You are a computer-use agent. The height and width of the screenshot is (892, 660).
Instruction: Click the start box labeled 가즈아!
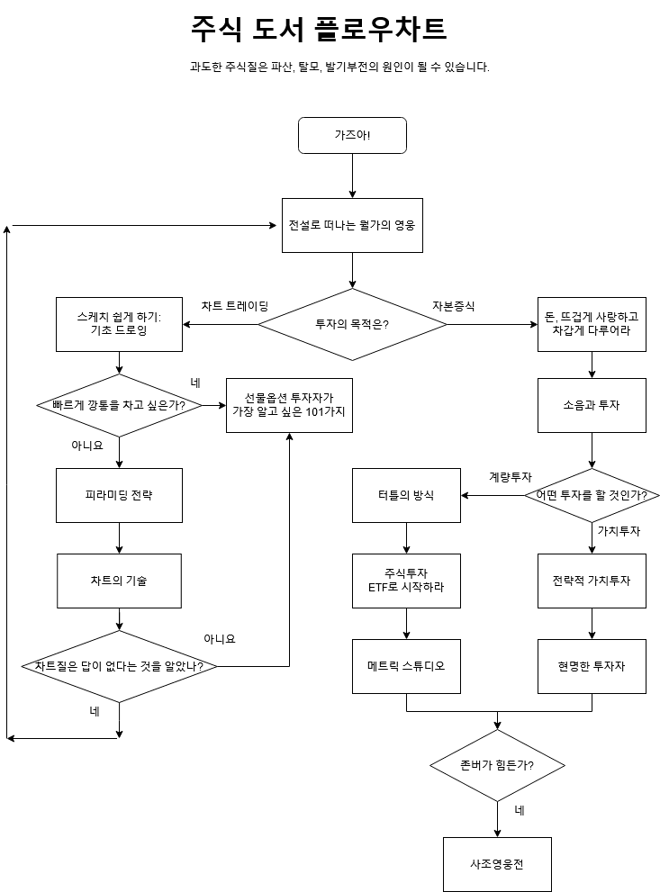pos(352,135)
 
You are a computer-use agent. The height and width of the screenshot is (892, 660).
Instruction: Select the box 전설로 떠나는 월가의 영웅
pos(352,225)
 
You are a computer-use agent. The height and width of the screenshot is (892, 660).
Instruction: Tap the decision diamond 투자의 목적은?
pos(352,324)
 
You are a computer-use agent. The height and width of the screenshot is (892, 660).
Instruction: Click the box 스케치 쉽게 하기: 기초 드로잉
pos(119,324)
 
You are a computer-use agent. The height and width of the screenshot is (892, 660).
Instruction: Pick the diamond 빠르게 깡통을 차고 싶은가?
pos(119,405)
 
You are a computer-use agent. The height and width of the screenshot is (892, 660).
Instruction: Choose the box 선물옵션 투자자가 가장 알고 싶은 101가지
pos(289,405)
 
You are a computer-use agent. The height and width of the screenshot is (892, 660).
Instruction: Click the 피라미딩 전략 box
pos(119,495)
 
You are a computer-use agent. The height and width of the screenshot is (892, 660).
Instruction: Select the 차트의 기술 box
pos(119,581)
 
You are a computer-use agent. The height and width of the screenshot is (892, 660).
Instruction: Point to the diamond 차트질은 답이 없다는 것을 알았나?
pos(119,667)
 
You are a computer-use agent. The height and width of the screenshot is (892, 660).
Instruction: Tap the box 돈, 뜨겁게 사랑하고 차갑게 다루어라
pos(592,324)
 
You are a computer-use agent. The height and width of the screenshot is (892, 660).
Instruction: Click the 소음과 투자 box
pos(592,405)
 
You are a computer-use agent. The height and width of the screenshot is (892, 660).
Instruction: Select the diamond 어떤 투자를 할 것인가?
pos(592,495)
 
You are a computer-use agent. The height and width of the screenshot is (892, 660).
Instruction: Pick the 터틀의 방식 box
pos(406,495)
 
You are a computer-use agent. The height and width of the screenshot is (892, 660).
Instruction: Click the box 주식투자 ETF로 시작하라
pos(406,581)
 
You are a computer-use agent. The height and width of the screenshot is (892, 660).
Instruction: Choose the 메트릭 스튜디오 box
pos(406,666)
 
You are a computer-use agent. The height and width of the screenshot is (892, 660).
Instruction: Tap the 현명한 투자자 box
pos(592,666)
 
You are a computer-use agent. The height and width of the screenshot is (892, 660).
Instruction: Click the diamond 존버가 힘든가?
pos(497,766)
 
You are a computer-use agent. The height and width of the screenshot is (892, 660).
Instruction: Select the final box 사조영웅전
pos(497,864)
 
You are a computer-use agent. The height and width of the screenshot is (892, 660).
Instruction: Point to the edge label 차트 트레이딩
pos(235,306)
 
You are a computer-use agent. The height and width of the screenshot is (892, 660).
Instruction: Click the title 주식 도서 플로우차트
pos(319,30)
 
